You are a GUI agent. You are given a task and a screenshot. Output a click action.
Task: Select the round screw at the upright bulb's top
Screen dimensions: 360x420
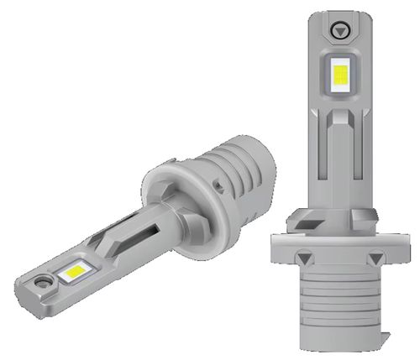point(340,29)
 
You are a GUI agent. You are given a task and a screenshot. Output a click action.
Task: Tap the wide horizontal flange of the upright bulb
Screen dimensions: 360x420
point(339,248)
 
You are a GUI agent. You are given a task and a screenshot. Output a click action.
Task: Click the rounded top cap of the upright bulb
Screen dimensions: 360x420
point(340,17)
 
